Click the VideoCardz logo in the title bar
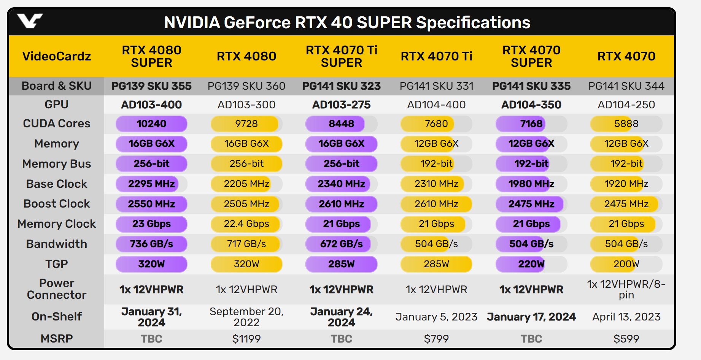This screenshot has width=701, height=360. [30, 21]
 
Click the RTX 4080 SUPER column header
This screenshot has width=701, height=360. [151, 56]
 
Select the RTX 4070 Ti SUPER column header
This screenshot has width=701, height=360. [341, 56]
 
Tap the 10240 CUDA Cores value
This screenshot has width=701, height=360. [151, 124]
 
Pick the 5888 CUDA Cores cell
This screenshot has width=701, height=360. [626, 124]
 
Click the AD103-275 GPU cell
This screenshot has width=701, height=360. [341, 105]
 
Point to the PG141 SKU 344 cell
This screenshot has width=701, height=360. [626, 86]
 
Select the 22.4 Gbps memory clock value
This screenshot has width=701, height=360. [246, 224]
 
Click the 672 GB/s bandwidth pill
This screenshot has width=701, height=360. [341, 244]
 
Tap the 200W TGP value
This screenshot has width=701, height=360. [626, 264]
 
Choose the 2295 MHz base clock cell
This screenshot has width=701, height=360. [151, 184]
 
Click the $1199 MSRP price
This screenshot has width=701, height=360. [246, 339]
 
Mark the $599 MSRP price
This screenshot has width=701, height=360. [626, 339]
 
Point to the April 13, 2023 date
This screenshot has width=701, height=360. [626, 317]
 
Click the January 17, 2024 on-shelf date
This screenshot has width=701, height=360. [531, 317]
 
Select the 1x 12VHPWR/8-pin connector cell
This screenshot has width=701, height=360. [626, 290]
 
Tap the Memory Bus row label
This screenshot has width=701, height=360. [57, 164]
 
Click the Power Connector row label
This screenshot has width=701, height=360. [57, 289]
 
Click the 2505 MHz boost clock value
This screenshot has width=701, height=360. [246, 204]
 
